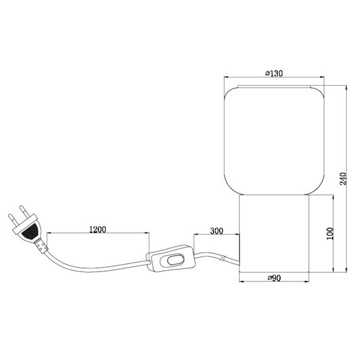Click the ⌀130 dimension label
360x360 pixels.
click(274, 74)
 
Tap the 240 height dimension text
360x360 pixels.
click(343, 179)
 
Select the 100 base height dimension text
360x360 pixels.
click(329, 233)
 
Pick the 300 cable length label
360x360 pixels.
click(217, 230)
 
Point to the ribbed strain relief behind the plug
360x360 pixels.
click(41, 245)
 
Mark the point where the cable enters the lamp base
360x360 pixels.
click(238, 262)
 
